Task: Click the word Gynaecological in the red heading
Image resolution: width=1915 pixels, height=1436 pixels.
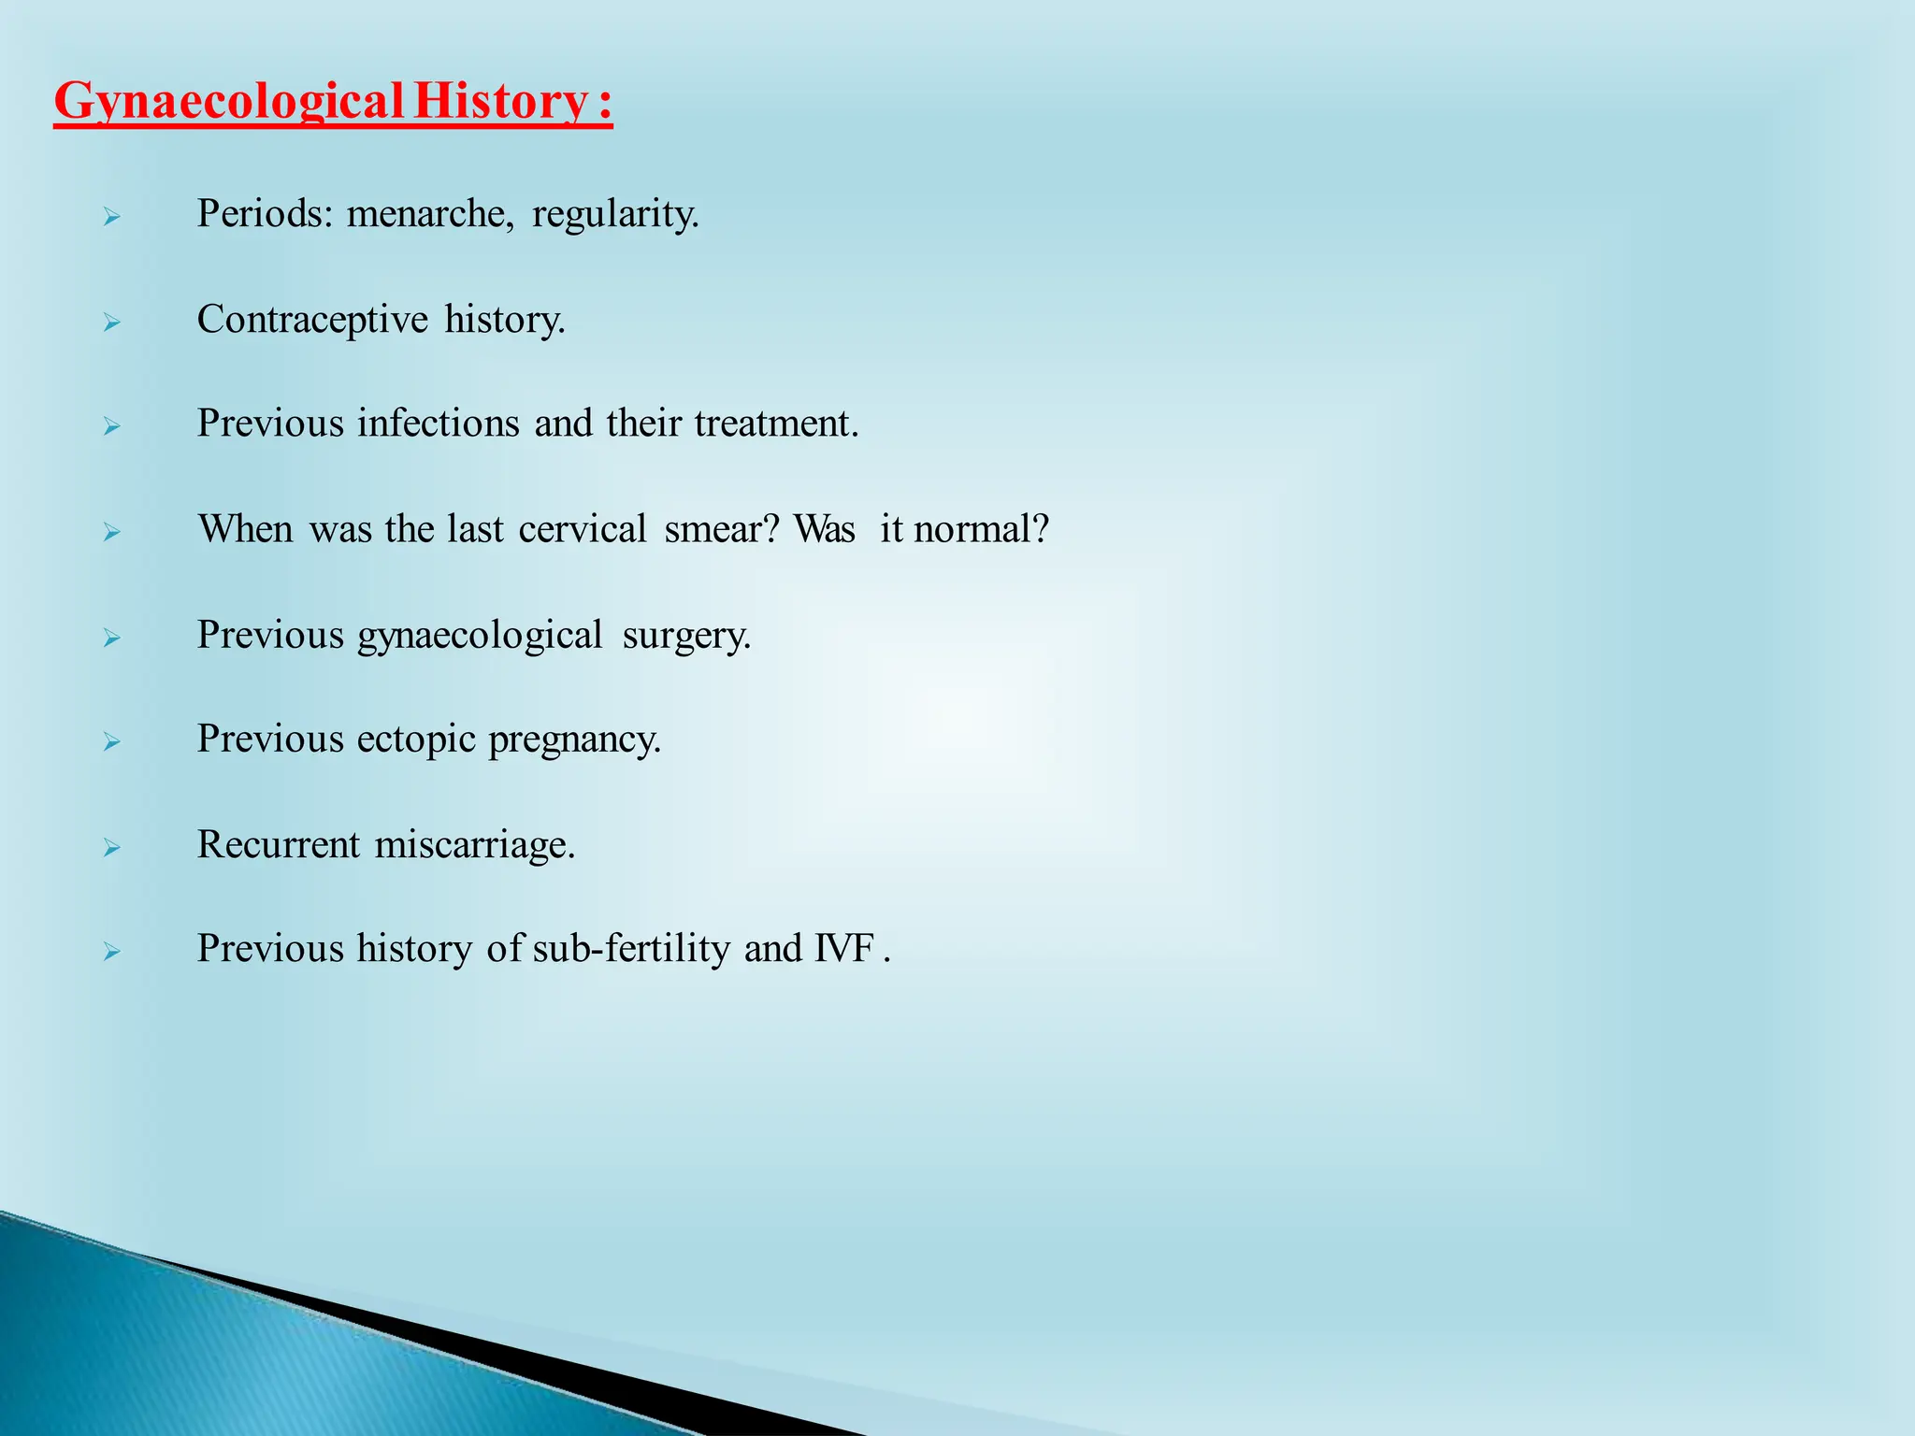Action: click(228, 102)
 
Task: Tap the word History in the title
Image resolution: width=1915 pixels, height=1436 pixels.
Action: click(500, 102)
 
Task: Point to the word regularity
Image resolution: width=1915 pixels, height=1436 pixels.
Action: click(615, 214)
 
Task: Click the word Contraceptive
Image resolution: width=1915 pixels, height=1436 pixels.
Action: click(312, 320)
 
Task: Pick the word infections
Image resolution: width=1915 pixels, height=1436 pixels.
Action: click(438, 424)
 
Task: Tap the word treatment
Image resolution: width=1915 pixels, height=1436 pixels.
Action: click(775, 424)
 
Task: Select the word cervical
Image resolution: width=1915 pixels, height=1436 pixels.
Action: click(583, 529)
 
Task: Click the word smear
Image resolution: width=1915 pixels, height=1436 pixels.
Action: click(721, 529)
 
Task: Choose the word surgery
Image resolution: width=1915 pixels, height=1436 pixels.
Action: click(686, 636)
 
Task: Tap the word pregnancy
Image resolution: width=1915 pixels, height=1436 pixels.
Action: click(574, 740)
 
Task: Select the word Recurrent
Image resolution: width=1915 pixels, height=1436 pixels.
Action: click(278, 845)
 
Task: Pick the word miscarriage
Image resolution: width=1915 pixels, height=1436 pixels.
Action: click(474, 845)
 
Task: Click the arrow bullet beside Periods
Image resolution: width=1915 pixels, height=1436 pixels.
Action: click(112, 218)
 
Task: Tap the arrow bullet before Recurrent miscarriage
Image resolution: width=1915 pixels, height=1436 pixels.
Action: click(112, 849)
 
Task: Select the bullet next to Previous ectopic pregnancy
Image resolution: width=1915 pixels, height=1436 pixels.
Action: click(112, 743)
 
